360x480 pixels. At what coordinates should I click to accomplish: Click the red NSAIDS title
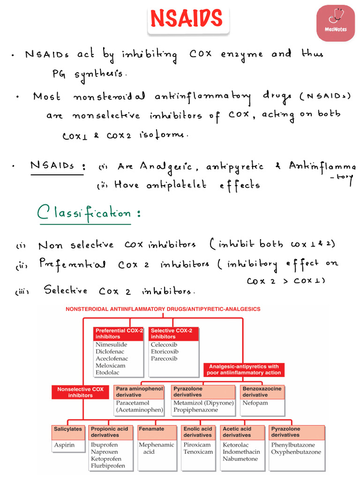(186, 19)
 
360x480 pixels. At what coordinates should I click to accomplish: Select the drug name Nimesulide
(112, 345)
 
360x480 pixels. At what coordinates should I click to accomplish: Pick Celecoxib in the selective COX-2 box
(165, 345)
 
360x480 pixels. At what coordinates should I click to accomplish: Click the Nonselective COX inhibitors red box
(81, 392)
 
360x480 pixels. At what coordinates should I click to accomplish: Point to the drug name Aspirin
(64, 445)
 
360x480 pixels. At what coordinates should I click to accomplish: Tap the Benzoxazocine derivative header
(261, 392)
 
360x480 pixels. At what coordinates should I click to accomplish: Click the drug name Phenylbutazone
(293, 445)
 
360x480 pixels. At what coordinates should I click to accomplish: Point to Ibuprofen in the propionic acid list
(105, 445)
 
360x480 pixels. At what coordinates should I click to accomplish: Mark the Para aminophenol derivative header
(139, 392)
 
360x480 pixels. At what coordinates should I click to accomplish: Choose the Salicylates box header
(68, 429)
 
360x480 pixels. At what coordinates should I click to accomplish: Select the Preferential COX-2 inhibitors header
(118, 333)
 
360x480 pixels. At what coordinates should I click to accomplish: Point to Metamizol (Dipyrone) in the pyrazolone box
(203, 403)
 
